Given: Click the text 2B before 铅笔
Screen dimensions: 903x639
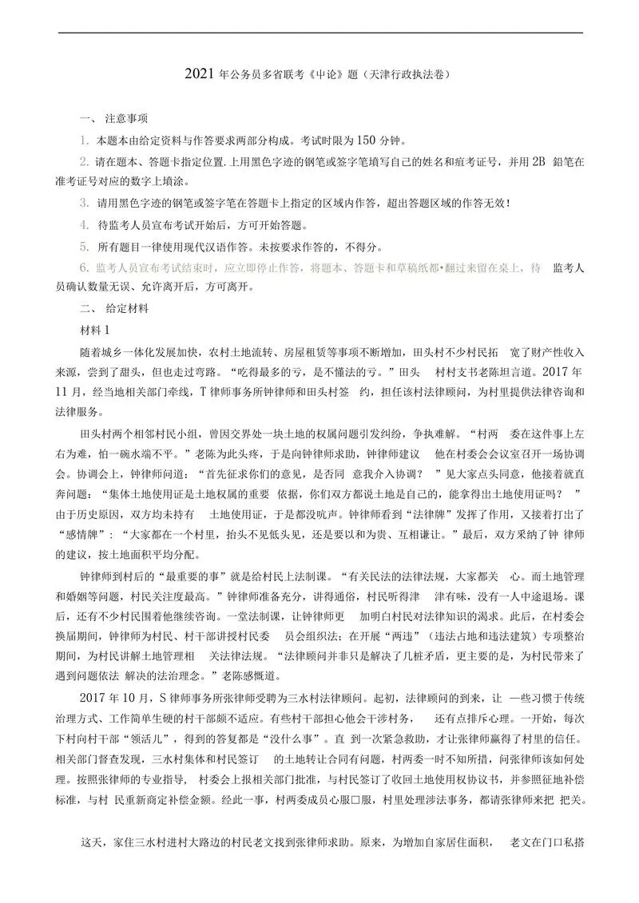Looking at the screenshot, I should (x=538, y=161).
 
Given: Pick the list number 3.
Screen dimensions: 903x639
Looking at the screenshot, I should (x=83, y=203).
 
